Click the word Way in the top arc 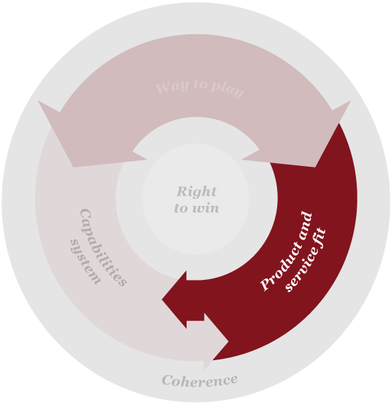(172, 87)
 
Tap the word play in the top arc (227, 90)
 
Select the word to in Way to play (200, 84)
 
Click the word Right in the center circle (196, 191)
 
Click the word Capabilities (104, 248)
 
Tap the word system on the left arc (85, 262)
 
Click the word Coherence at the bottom (200, 380)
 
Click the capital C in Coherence (167, 380)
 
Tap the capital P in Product (265, 284)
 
